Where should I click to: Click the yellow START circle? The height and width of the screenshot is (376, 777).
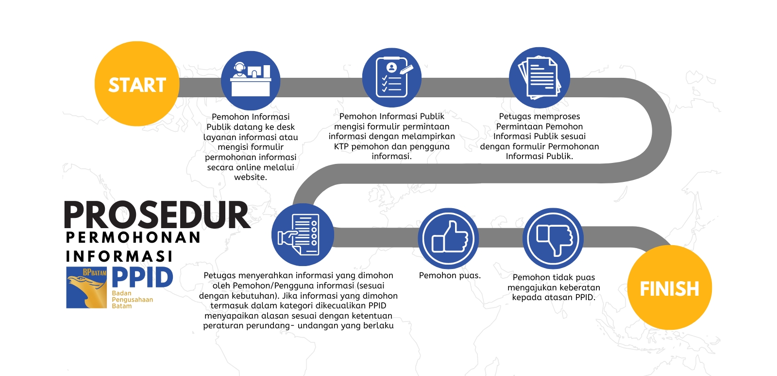[137, 84]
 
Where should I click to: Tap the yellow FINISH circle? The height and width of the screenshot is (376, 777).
[670, 287]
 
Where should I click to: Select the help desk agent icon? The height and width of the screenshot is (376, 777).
[251, 81]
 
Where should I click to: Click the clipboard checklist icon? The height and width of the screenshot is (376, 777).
[391, 77]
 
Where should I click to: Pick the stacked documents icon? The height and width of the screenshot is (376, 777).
[540, 77]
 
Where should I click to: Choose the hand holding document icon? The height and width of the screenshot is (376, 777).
[303, 235]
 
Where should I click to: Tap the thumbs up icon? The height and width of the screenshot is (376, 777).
[449, 238]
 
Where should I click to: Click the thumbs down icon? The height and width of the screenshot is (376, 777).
[553, 238]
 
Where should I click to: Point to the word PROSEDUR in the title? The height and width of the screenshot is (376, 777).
[157, 215]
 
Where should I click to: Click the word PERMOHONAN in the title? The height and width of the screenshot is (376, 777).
[133, 238]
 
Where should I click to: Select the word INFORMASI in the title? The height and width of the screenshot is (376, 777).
[119, 256]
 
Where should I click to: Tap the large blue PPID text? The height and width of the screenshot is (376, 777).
[142, 277]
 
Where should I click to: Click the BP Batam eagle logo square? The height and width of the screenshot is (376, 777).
[86, 287]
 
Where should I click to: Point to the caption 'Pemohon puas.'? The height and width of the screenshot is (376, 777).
[450, 276]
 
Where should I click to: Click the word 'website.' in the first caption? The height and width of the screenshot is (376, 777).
[251, 177]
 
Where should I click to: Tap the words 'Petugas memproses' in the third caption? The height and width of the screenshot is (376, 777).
[540, 117]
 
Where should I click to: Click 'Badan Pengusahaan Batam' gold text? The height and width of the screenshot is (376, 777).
[132, 300]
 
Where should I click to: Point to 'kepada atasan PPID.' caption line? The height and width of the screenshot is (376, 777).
[554, 298]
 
